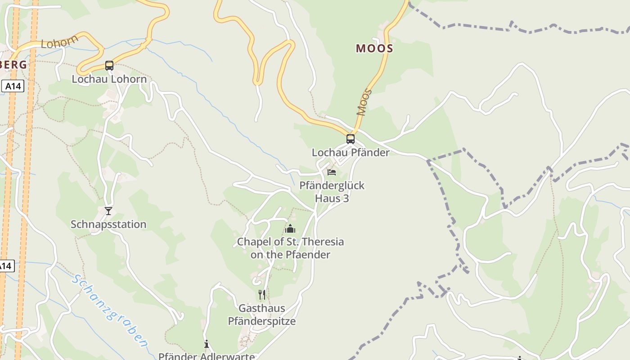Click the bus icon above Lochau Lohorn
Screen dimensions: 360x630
pos(109,66)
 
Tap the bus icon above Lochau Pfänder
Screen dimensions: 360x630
pos(350,139)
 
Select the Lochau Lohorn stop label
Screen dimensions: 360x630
pos(109,79)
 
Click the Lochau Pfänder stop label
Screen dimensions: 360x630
pos(351,153)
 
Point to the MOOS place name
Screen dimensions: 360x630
pos(374,49)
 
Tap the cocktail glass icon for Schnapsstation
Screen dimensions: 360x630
pos(108,211)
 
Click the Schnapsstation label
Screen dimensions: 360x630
pos(108,224)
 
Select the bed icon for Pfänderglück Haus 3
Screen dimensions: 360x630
pos(332,172)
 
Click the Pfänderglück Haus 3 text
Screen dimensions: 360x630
pos(332,192)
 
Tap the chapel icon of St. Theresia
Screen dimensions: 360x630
pos(290,229)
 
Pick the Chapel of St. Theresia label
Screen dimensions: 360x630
pos(290,248)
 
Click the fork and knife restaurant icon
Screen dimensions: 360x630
pos(262,295)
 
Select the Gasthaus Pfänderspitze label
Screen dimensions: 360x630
pos(262,315)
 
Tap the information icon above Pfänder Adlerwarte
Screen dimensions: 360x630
pos(207,344)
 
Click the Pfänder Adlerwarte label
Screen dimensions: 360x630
pos(207,356)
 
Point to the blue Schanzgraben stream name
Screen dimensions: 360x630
pos(109,311)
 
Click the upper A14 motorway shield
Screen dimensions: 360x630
pos(13,86)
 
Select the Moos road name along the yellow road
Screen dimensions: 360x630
pos(364,103)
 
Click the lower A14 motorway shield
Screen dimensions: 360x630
pos(6,266)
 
